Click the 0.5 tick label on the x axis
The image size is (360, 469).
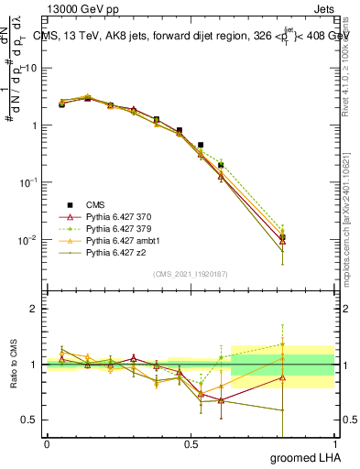[x=191, y=443]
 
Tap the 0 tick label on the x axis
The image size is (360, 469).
[x=47, y=443]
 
